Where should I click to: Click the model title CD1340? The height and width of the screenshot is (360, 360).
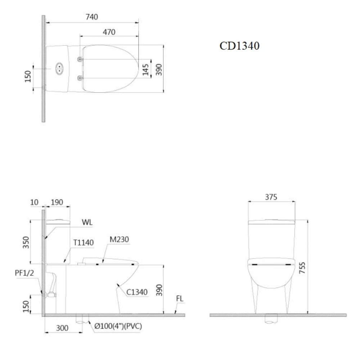coord(239,46)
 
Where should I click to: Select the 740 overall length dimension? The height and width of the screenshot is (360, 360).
coord(91,17)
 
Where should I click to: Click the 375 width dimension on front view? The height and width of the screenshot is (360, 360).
coord(271,197)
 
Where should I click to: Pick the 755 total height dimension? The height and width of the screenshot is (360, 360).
coord(303,268)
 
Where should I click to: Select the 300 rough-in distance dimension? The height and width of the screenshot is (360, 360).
coord(62,328)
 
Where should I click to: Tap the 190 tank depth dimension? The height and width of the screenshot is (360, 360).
coord(57,202)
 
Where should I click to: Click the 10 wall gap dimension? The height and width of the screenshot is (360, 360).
coord(35,202)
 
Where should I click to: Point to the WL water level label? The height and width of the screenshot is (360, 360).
coord(87,222)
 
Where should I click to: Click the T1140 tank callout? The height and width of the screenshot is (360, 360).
coord(84,243)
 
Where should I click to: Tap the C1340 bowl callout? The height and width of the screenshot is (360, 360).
coord(137,292)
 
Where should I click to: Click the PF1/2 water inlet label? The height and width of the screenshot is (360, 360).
coord(24,273)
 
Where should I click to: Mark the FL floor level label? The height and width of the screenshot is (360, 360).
coord(180,299)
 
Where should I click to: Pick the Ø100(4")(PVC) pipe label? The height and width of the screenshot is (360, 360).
coord(118,327)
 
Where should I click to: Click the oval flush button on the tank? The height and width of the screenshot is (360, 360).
coord(58,68)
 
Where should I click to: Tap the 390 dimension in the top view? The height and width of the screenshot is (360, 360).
coord(159,69)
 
